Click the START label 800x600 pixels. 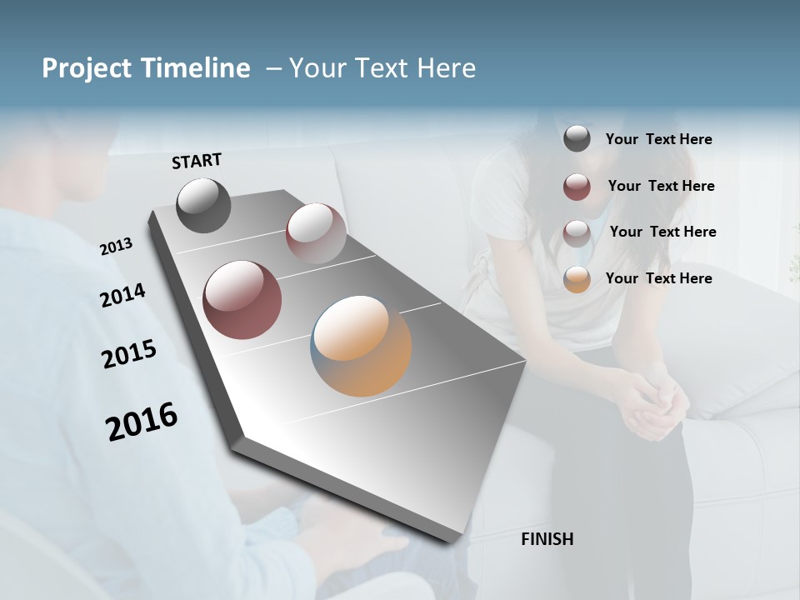click(x=197, y=161)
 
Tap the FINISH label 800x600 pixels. click(x=547, y=539)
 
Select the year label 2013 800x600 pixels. click(x=116, y=246)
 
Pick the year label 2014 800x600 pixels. click(x=122, y=295)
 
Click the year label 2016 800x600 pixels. click(x=142, y=421)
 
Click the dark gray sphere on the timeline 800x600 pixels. click(x=203, y=206)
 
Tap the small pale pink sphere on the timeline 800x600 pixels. click(x=315, y=233)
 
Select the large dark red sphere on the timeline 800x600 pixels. click(x=242, y=300)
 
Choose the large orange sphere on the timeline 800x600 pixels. click(x=361, y=346)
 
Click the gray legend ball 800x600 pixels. click(x=577, y=138)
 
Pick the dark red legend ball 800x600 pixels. click(x=577, y=187)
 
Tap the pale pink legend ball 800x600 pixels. click(x=577, y=232)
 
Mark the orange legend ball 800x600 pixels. click(x=577, y=279)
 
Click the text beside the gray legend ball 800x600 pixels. click(x=658, y=139)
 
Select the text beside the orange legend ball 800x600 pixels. click(x=658, y=278)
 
